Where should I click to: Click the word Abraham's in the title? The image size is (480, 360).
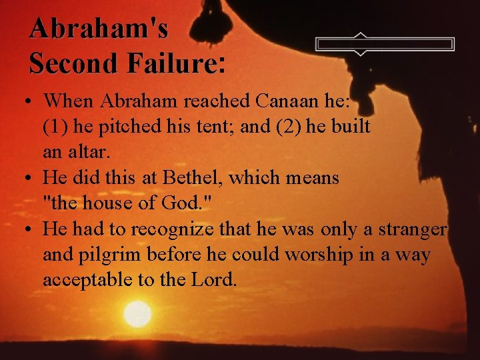tap(99, 29)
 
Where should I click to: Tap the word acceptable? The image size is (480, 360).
tap(87, 280)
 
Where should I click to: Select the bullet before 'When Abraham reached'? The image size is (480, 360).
tap(25, 102)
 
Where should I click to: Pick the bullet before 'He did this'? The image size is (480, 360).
tap(25, 179)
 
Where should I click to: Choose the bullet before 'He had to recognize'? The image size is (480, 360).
tap(25, 229)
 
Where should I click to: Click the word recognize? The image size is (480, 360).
tap(172, 229)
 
